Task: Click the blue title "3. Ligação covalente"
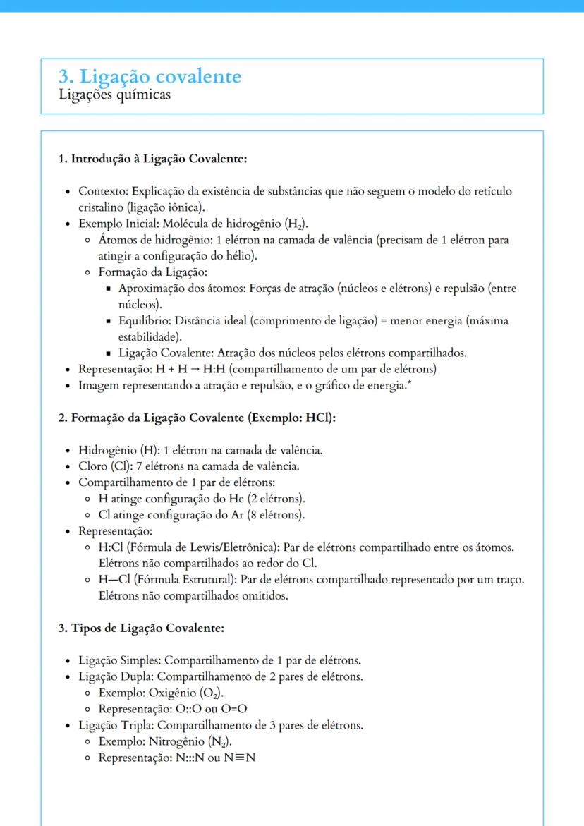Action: point(150,76)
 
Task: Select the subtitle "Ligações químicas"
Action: point(114,95)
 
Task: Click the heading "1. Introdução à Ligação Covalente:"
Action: point(152,158)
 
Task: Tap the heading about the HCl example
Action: point(196,417)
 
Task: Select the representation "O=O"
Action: point(238,709)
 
